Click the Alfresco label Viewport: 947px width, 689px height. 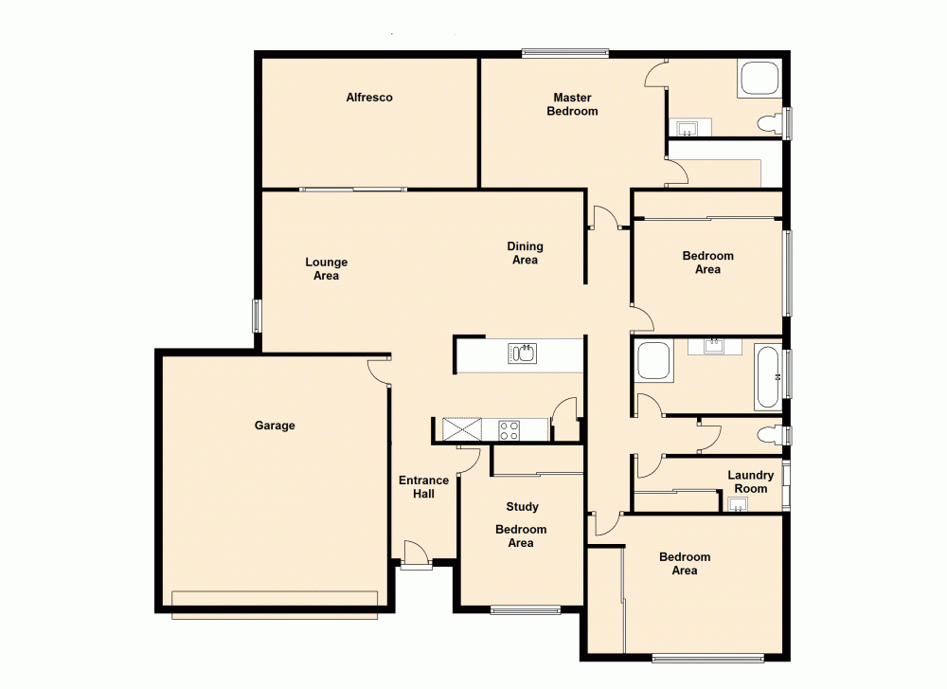click(368, 98)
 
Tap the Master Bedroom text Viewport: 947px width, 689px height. click(572, 104)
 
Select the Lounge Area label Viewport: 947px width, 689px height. click(326, 269)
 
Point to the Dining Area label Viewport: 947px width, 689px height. click(525, 253)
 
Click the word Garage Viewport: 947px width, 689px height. click(275, 426)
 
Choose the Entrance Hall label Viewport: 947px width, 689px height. click(423, 487)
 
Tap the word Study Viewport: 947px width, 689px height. click(522, 507)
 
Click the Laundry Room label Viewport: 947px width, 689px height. click(750, 481)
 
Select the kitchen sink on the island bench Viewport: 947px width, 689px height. click(523, 354)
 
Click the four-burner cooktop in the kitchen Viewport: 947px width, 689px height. click(509, 430)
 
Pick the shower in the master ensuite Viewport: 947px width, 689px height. click(759, 79)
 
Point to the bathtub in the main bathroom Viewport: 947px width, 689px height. click(768, 377)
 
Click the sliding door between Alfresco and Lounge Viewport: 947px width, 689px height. click(353, 190)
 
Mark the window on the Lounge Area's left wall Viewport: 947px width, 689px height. click(257, 316)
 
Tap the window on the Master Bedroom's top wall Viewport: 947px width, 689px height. click(564, 52)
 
